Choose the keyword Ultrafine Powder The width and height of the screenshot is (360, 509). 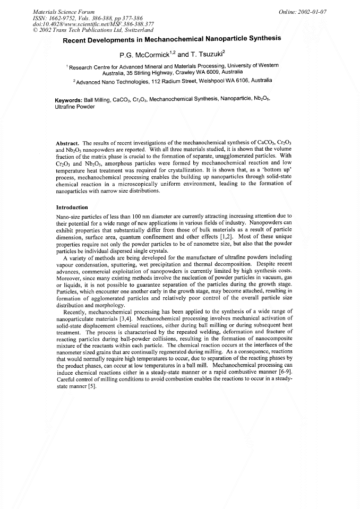pos(75,107)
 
